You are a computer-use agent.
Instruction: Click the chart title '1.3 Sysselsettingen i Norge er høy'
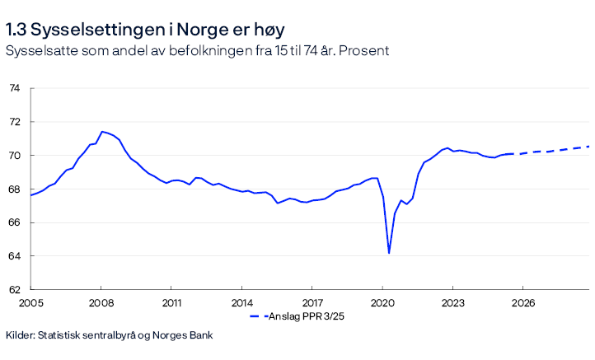coord(145,30)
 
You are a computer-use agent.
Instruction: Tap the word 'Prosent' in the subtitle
coord(364,51)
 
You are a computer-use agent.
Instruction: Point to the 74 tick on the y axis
coord(14,88)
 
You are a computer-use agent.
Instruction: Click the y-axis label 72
coord(14,122)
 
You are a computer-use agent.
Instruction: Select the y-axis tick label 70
coord(14,156)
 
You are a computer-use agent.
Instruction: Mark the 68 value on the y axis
coord(14,189)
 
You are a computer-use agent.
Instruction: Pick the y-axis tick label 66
coord(14,223)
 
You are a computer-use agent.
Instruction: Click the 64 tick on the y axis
coord(14,256)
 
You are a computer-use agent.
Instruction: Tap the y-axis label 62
coord(14,290)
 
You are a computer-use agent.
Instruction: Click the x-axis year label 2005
coord(30,303)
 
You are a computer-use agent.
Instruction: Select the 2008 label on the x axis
coord(101,303)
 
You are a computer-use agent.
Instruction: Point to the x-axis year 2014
coord(241,303)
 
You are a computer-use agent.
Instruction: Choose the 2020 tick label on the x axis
coord(382,303)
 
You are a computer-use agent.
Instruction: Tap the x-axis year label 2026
coord(523,303)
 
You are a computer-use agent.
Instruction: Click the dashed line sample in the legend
coord(260,316)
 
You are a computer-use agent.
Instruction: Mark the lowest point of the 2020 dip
coord(389,252)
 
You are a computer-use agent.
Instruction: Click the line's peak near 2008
coord(101,132)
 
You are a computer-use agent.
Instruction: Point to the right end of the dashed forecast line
coord(589,147)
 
